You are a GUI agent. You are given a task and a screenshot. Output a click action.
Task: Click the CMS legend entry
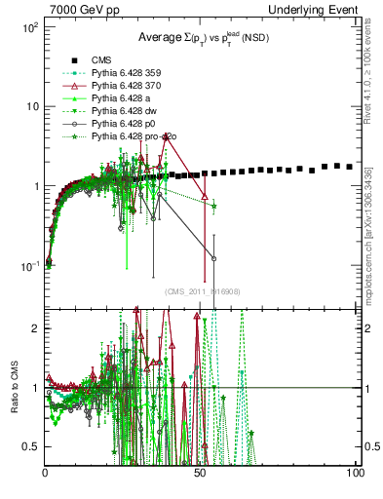coord(102,58)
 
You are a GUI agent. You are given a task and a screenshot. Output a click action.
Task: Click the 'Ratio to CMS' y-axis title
coord(15,388)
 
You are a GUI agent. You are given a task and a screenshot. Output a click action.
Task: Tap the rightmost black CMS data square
coord(350,167)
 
